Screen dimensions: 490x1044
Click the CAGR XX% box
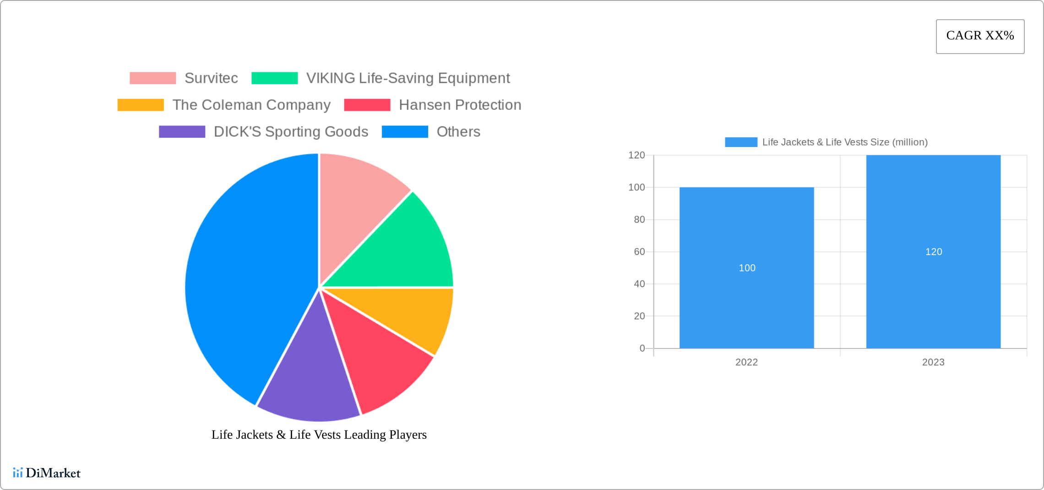click(x=980, y=36)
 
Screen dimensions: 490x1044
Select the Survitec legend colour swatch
click(x=152, y=78)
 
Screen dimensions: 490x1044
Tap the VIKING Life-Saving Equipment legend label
click(x=408, y=78)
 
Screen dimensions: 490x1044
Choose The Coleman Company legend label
click(x=251, y=105)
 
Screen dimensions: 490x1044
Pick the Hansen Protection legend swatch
click(x=367, y=105)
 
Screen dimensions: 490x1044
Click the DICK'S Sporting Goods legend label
click(x=291, y=132)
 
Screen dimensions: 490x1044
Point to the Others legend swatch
click(x=405, y=132)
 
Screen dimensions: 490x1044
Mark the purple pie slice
click(x=309, y=385)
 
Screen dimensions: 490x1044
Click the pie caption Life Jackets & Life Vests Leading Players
click(x=319, y=435)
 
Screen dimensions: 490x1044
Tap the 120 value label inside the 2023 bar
click(x=934, y=252)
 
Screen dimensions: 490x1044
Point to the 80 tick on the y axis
click(x=639, y=220)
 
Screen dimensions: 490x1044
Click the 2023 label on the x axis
click(x=933, y=362)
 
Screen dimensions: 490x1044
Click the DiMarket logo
click(x=47, y=473)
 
